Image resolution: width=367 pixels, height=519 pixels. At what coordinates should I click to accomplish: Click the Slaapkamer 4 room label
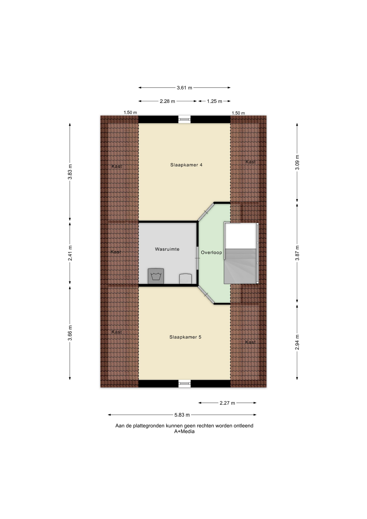click(x=186, y=165)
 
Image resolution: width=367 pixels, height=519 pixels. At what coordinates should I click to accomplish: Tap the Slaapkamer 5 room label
click(x=185, y=337)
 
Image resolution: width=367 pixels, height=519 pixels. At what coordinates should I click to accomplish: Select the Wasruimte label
click(x=167, y=249)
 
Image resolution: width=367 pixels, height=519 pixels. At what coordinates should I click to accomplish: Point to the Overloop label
click(x=211, y=252)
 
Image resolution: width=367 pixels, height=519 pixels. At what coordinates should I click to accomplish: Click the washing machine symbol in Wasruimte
click(x=156, y=276)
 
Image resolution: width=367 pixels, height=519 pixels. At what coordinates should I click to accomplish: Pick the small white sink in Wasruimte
click(x=185, y=279)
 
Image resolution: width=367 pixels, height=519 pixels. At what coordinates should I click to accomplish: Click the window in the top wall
click(x=185, y=119)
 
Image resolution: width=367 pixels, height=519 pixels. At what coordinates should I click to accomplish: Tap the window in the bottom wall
click(x=185, y=384)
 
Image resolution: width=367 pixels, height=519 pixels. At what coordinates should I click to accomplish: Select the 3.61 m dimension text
click(x=185, y=88)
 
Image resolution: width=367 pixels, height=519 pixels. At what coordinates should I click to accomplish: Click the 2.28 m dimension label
click(x=168, y=101)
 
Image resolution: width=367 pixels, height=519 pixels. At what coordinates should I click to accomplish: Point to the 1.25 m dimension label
click(x=215, y=101)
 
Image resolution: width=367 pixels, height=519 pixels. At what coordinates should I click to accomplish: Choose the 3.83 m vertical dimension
click(x=70, y=172)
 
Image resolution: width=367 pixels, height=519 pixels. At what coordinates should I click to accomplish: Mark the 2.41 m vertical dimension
click(x=70, y=253)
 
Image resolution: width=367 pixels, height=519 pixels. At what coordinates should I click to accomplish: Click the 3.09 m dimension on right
click(x=297, y=162)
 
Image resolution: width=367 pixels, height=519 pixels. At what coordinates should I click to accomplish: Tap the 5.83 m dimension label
click(x=182, y=415)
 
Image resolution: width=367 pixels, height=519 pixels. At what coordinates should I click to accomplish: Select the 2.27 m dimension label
click(x=228, y=403)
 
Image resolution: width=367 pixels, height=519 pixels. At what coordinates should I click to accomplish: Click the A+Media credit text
click(x=184, y=431)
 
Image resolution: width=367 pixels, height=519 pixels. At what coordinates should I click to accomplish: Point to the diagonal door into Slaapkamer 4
click(x=206, y=212)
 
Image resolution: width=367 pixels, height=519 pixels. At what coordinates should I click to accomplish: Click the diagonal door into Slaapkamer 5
click(x=206, y=294)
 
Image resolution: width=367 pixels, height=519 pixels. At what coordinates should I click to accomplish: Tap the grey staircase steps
click(x=240, y=266)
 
